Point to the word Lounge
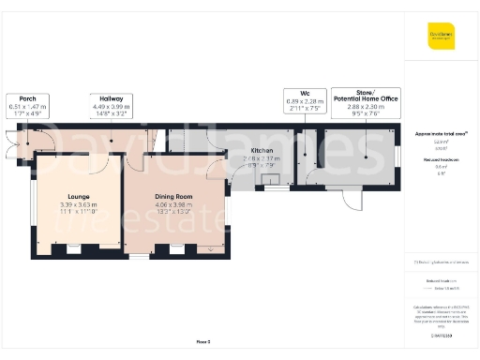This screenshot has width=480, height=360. (79, 196)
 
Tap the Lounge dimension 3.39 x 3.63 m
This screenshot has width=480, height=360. (79, 204)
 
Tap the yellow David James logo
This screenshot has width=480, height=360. (442, 37)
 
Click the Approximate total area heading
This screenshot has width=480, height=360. (441, 134)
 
